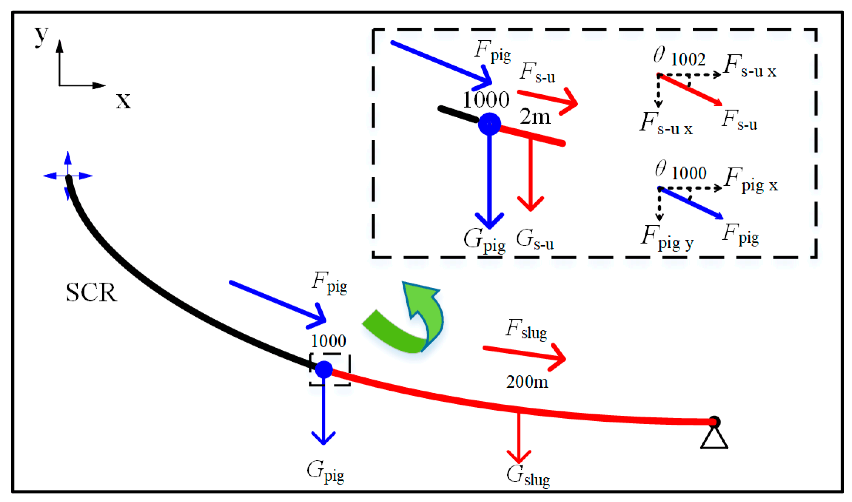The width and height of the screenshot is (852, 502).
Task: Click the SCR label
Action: point(91,292)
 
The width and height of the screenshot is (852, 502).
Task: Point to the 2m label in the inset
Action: point(535,117)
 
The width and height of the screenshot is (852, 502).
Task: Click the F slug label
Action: point(526,329)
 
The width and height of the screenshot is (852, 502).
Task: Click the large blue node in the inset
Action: point(489,124)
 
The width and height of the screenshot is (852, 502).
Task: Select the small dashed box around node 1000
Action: point(330,370)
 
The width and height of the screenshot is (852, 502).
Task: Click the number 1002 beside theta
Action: point(688,60)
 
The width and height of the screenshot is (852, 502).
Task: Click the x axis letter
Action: point(123,101)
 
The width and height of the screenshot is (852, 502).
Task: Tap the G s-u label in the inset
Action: point(535,240)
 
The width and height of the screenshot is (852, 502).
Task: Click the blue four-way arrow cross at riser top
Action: point(68,176)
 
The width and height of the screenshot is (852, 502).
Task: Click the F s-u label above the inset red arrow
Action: point(538,73)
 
